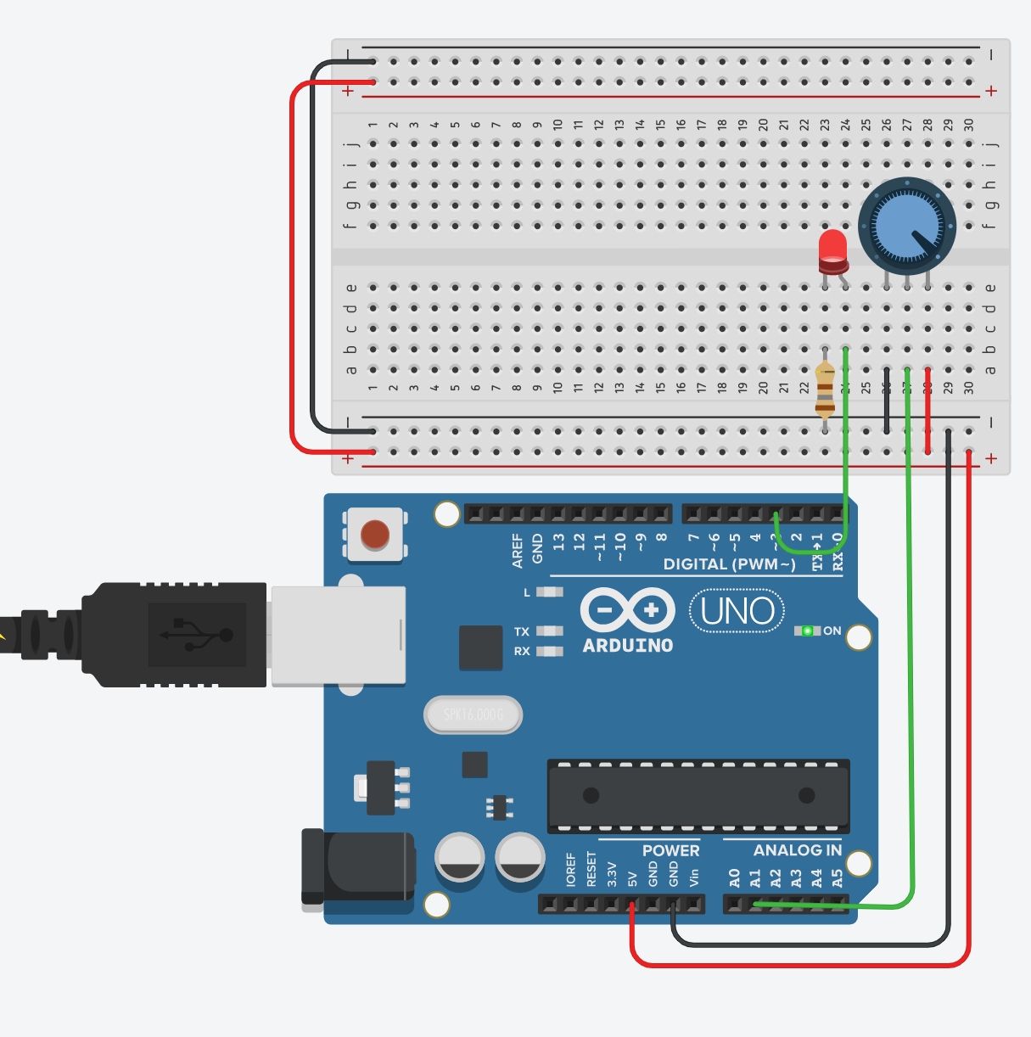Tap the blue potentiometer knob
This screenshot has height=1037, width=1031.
[906, 225]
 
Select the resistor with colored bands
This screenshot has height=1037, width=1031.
[824, 390]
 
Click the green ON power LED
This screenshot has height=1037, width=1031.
[807, 631]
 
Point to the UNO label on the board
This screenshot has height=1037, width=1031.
[737, 611]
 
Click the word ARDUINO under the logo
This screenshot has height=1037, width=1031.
[628, 646]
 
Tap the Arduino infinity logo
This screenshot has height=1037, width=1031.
[627, 610]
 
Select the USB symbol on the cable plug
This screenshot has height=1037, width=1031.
[197, 635]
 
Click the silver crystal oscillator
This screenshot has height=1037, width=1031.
[473, 715]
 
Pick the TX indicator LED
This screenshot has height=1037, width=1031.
[550, 631]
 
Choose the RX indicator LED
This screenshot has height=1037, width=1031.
[550, 652]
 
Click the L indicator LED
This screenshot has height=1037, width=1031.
[550, 592]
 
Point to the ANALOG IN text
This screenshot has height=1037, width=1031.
[797, 850]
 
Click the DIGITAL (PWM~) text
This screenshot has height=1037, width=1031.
[729, 564]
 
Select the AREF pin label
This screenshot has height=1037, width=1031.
[518, 550]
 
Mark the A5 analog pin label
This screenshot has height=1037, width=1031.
[838, 878]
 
